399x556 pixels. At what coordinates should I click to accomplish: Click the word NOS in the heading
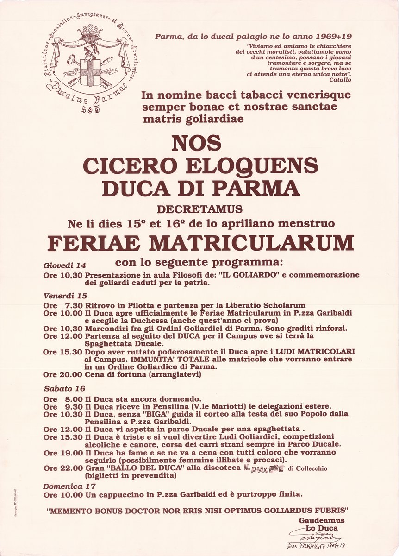point(196,144)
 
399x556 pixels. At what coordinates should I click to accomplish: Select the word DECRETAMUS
point(199,209)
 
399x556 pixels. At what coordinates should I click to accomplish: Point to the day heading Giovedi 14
point(65,265)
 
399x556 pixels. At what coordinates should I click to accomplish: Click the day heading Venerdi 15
point(65,296)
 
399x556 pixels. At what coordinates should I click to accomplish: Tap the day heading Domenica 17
point(69,486)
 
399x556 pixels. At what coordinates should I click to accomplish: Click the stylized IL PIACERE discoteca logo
point(263,468)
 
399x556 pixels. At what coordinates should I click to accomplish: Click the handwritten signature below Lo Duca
point(319,537)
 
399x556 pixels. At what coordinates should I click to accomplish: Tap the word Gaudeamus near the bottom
point(321,520)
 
